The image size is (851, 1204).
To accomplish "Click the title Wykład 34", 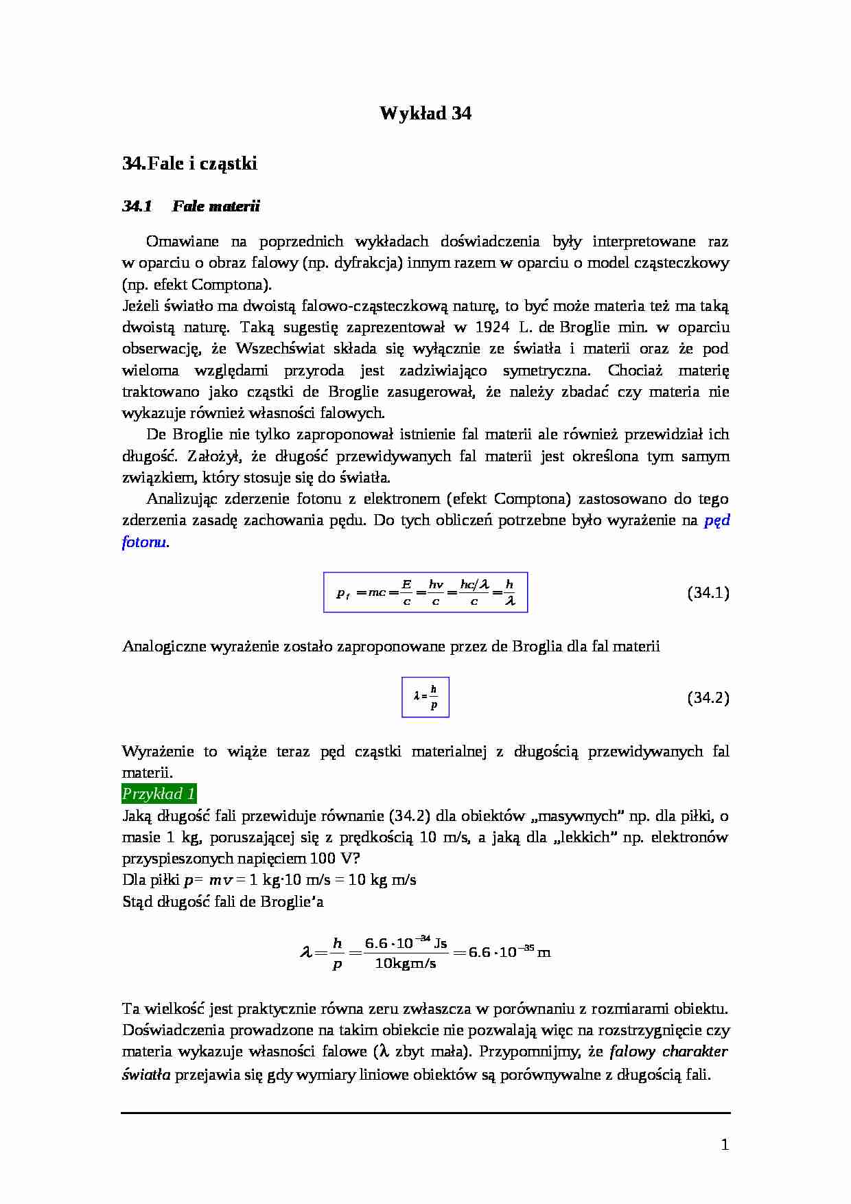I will pos(425,113).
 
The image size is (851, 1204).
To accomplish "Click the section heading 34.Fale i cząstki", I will pos(189,163).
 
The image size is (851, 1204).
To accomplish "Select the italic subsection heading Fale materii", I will pos(216,206).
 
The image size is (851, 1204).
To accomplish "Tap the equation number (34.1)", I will pos(708,593).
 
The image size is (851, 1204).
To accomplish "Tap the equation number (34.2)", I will pos(708,698).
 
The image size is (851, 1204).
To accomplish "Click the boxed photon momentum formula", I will pos(425,592).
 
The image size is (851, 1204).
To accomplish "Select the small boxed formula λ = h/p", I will pos(425,697).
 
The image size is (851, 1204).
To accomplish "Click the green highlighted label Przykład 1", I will pos(159,794).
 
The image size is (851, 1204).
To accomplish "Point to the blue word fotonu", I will pos(144,542).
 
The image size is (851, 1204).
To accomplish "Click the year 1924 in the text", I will pos(492,327).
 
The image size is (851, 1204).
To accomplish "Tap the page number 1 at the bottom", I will pos(725,1144).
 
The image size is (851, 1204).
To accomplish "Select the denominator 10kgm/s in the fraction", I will pos(406,963).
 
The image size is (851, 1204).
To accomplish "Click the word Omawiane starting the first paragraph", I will pos(182,242).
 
